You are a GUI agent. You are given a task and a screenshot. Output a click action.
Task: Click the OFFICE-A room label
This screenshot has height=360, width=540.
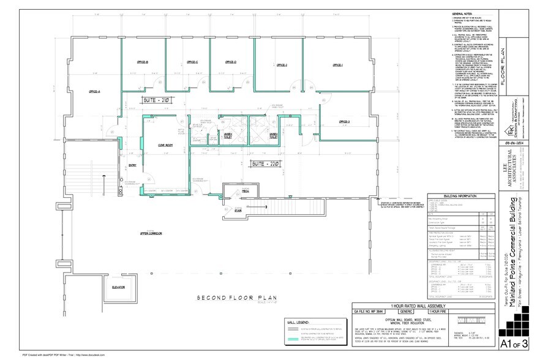coord(94,91)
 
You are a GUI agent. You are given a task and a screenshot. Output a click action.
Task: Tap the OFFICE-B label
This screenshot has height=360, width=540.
coord(143,62)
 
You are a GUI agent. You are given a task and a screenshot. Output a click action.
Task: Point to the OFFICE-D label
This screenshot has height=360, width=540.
coord(231,62)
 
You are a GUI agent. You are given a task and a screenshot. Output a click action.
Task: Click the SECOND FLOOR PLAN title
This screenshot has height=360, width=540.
coord(230,298)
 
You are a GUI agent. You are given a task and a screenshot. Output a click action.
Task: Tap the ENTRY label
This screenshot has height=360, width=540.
coord(133,166)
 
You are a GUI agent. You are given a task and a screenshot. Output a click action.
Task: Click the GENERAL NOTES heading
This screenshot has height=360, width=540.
coord(463,13)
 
